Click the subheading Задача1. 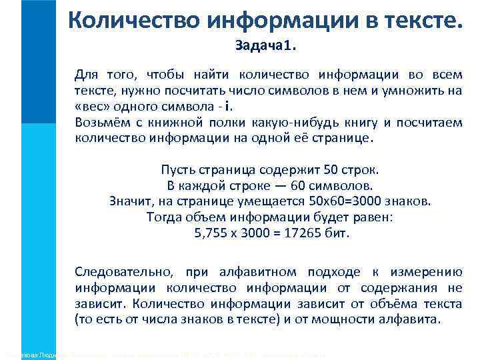point(269,47)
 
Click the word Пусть point(177,170)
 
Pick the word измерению point(429,272)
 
